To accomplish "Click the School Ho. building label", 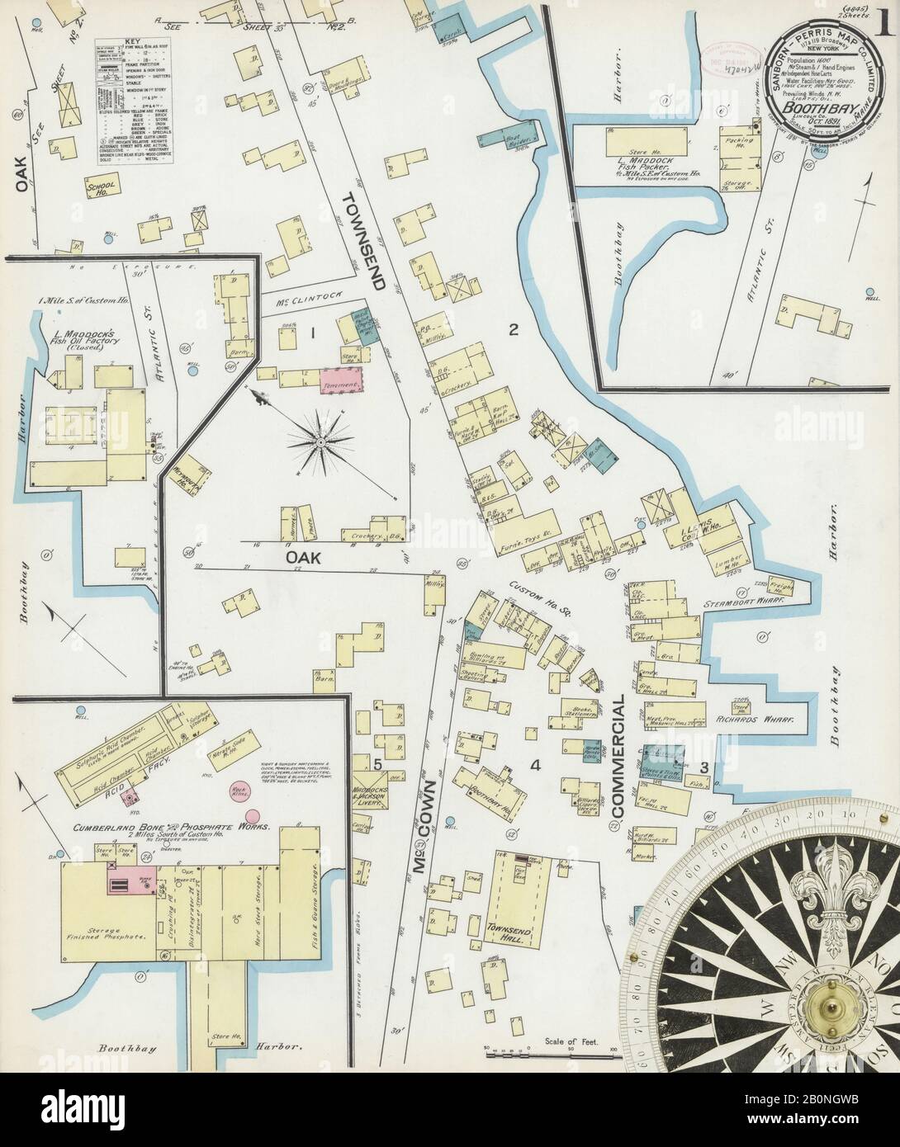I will (100, 188).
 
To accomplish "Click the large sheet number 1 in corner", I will (884, 21).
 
